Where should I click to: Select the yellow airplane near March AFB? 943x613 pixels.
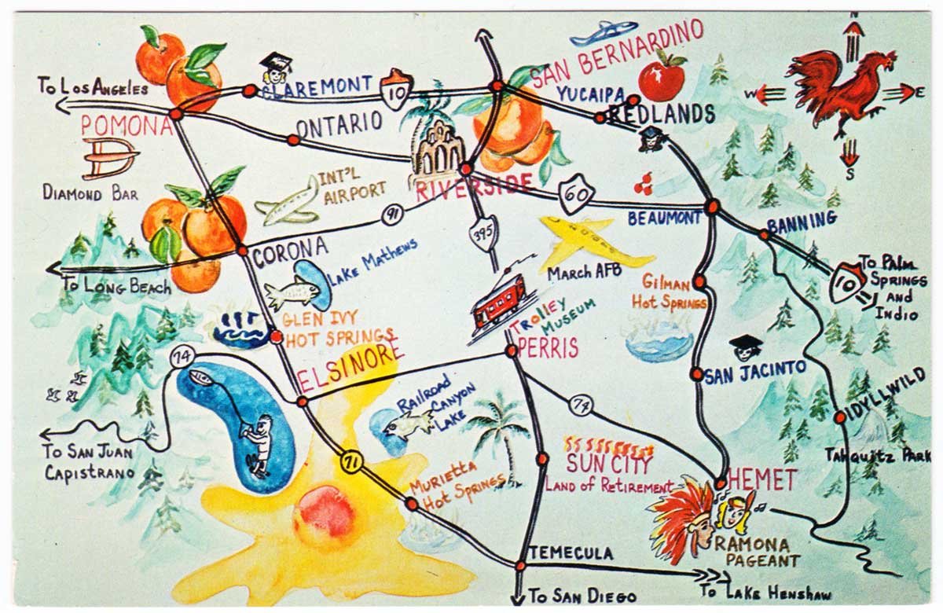(593, 243)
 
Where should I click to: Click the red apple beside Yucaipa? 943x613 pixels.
(662, 79)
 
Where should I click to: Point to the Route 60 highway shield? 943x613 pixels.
(578, 193)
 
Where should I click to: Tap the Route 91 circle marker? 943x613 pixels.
(391, 215)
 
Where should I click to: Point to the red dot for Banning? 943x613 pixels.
(764, 234)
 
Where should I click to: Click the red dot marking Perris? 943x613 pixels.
(512, 351)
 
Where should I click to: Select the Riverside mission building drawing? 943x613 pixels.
(437, 153)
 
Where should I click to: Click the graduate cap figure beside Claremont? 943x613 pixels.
(275, 68)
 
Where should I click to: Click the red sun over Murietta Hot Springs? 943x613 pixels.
(324, 515)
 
